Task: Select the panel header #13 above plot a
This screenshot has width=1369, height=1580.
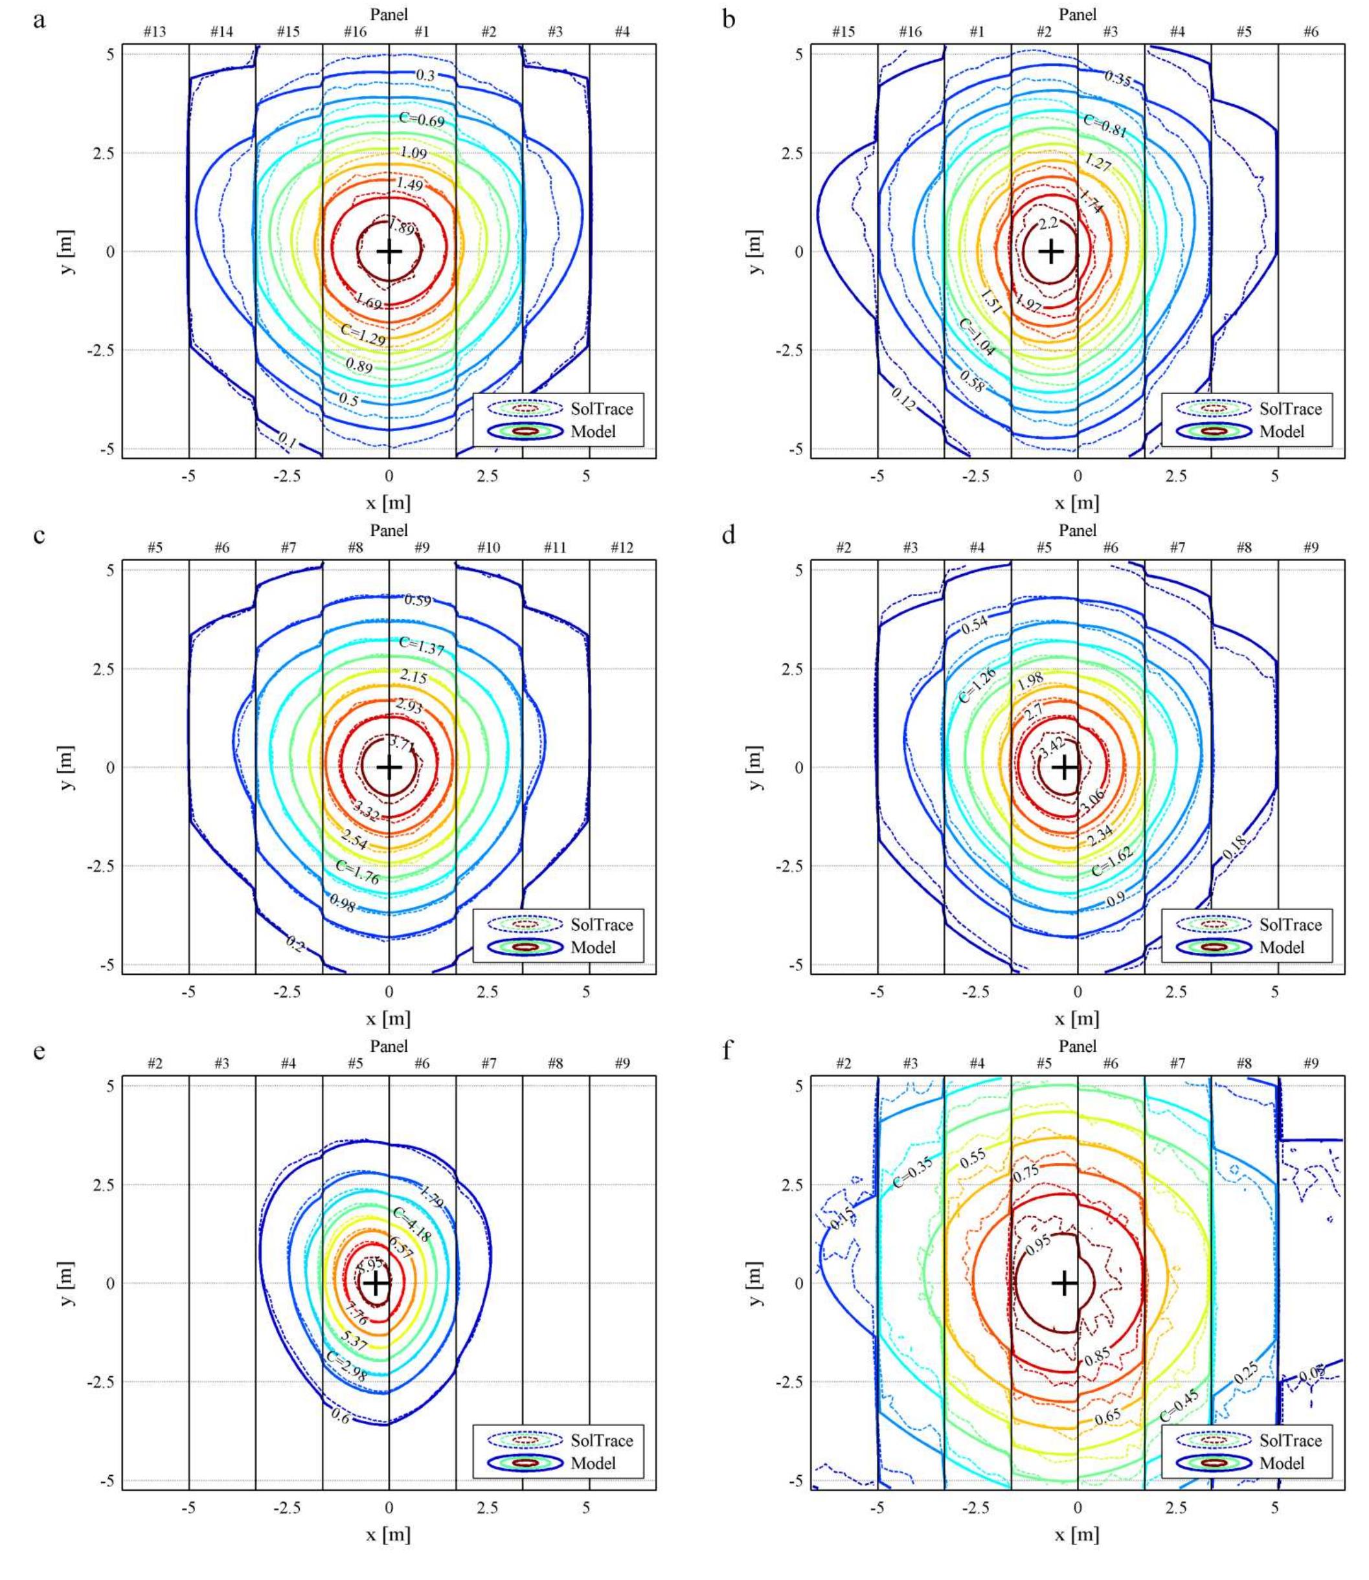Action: click(154, 32)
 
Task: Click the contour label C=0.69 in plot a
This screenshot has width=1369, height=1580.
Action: click(422, 118)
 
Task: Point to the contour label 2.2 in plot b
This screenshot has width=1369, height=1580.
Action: click(1048, 223)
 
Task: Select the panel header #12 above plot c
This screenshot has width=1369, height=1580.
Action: click(622, 548)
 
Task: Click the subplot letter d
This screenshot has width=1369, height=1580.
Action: click(729, 535)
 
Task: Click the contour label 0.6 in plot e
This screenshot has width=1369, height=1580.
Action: click(340, 1415)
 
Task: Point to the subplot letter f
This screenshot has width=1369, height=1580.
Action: click(727, 1052)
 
